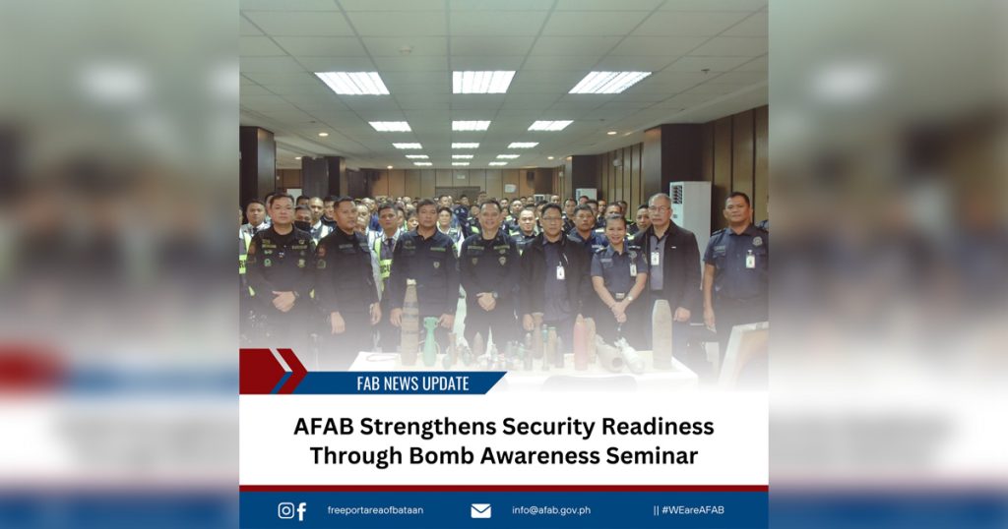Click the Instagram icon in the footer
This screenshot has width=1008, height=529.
[x=285, y=510]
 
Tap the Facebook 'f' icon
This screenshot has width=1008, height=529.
[x=301, y=511]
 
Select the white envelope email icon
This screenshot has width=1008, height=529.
[x=480, y=511]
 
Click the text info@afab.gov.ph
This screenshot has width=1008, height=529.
[x=551, y=510]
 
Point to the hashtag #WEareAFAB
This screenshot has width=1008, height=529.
[x=688, y=510]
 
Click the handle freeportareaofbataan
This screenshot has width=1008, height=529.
[x=375, y=510]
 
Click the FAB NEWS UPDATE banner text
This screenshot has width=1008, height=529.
[x=412, y=383]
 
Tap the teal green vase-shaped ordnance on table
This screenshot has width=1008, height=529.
[x=430, y=341]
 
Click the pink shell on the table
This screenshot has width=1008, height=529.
[x=580, y=342]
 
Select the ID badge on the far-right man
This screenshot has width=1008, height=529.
[x=749, y=260]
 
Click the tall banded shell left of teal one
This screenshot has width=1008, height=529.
[x=409, y=323]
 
